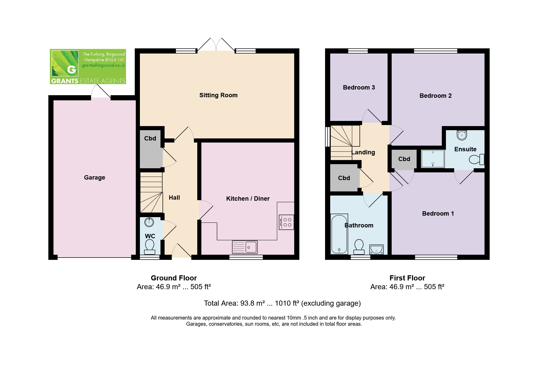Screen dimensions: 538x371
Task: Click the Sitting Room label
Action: point(218,95)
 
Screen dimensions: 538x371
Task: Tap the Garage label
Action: point(94,178)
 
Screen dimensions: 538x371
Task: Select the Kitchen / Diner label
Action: point(248,199)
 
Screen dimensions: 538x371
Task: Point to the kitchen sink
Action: point(245,247)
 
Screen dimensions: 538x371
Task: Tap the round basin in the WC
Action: point(149,222)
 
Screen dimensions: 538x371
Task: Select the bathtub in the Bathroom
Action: point(339,234)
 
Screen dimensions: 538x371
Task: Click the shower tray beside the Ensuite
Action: point(433,158)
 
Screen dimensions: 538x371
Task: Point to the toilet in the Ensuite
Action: point(477,160)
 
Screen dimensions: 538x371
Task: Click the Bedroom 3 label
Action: point(359,87)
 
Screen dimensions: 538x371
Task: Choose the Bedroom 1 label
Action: point(438,214)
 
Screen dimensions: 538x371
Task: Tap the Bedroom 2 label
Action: point(435,96)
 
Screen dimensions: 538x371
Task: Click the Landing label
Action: point(363,152)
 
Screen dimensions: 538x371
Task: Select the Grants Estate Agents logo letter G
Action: point(71,69)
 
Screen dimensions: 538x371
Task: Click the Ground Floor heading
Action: point(174,278)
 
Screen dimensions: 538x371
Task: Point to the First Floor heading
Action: point(407,278)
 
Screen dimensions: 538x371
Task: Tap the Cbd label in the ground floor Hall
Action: point(150,138)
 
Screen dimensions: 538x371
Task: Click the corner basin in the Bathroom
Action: point(376,249)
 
